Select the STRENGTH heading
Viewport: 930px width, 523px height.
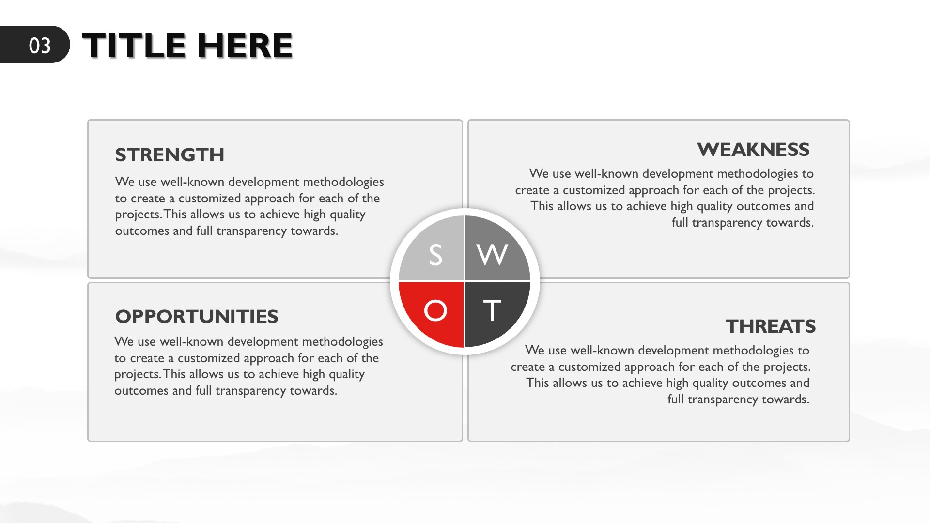170,155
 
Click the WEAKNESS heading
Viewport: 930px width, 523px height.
753,150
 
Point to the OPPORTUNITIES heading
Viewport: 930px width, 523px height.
197,317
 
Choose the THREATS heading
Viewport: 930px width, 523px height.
771,326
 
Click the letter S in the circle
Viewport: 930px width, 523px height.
435,255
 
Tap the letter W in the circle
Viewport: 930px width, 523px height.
492,255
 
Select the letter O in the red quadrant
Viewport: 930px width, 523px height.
435,310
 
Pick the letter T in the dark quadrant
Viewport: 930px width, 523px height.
492,310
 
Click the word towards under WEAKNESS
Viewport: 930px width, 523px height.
790,223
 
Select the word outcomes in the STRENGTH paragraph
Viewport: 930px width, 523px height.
142,231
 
